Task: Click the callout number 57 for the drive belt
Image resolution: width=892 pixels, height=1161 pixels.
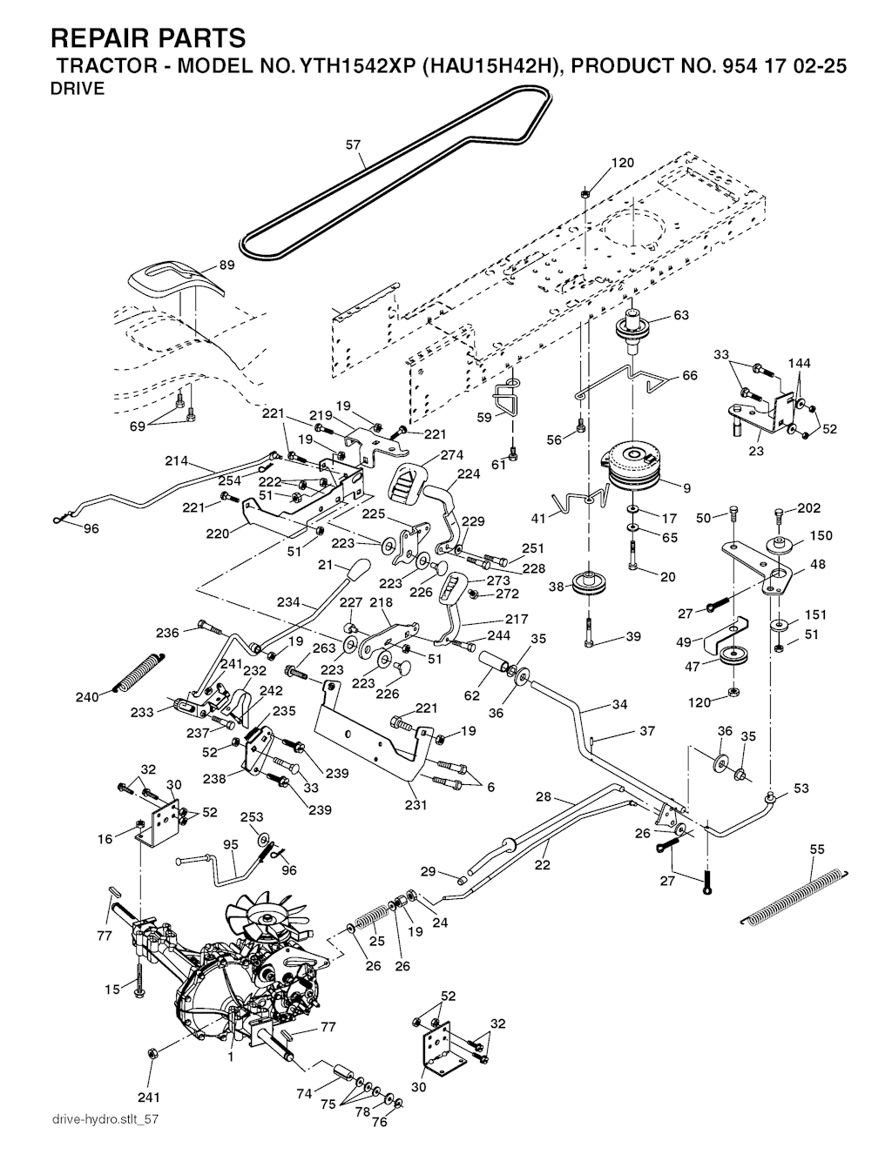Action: coord(353,145)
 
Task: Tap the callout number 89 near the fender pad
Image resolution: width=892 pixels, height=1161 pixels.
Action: coord(226,266)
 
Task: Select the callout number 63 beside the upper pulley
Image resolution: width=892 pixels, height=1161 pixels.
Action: coord(680,315)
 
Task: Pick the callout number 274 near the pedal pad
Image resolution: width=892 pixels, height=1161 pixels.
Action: coord(451,454)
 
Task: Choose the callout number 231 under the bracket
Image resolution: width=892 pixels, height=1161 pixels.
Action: coord(416,805)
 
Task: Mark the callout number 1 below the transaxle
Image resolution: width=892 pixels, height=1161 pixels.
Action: coord(230,1057)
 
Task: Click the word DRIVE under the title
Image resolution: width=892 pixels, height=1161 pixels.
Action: coord(78,89)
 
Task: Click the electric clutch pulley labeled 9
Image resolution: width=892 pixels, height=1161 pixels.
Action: coord(633,463)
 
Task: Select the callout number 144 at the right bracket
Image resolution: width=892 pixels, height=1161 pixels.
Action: coord(799,362)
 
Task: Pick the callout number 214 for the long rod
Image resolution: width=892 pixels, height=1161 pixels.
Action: coord(176,461)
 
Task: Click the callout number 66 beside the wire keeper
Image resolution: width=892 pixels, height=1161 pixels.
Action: coord(690,376)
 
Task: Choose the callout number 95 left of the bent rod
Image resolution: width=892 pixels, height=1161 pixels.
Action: coord(230,844)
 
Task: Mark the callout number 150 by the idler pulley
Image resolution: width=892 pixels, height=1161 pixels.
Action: coord(821,536)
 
